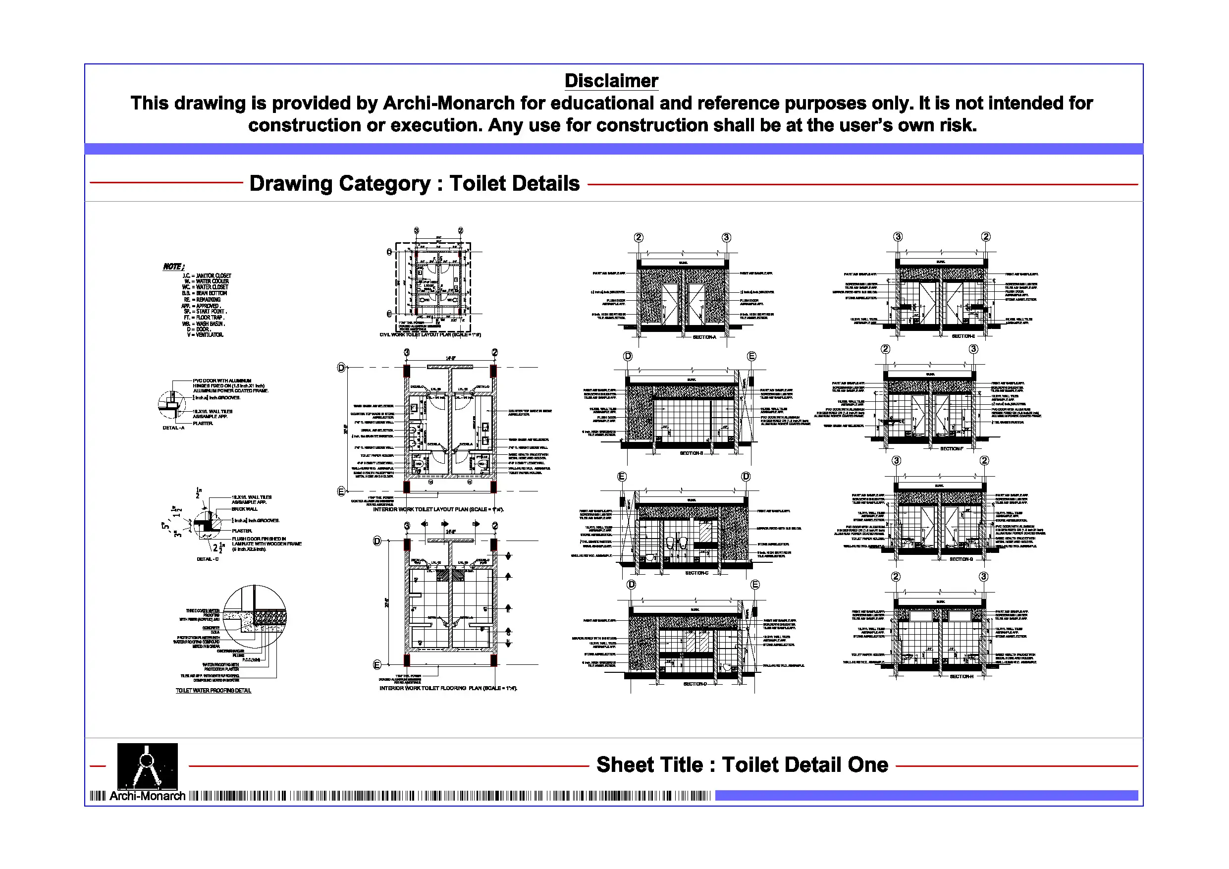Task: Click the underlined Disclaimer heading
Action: click(x=611, y=81)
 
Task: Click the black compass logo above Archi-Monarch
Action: click(x=147, y=765)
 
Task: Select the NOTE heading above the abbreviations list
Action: click(x=173, y=267)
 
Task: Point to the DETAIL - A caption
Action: click(x=173, y=428)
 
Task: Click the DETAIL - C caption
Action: click(x=208, y=559)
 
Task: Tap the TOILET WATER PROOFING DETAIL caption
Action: click(x=213, y=691)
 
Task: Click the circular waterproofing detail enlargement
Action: click(x=254, y=617)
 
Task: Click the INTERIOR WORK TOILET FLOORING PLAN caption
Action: click(x=448, y=688)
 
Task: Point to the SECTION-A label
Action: click(x=704, y=337)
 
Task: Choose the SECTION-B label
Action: click(x=691, y=453)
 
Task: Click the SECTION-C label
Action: click(x=696, y=573)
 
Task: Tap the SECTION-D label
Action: click(x=695, y=684)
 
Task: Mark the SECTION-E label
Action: click(x=963, y=336)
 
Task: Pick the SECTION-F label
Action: click(x=951, y=449)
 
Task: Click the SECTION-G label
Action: click(x=961, y=559)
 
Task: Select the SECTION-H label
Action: click(x=962, y=677)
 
